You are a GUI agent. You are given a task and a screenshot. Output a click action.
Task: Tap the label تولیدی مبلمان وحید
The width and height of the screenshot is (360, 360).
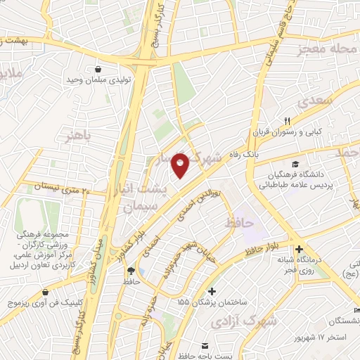[101, 82]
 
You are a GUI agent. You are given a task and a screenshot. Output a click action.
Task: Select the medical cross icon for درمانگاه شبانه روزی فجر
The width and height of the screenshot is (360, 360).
[299, 249]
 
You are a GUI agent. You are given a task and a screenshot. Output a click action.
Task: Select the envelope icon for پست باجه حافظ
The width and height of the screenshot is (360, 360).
[205, 346]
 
